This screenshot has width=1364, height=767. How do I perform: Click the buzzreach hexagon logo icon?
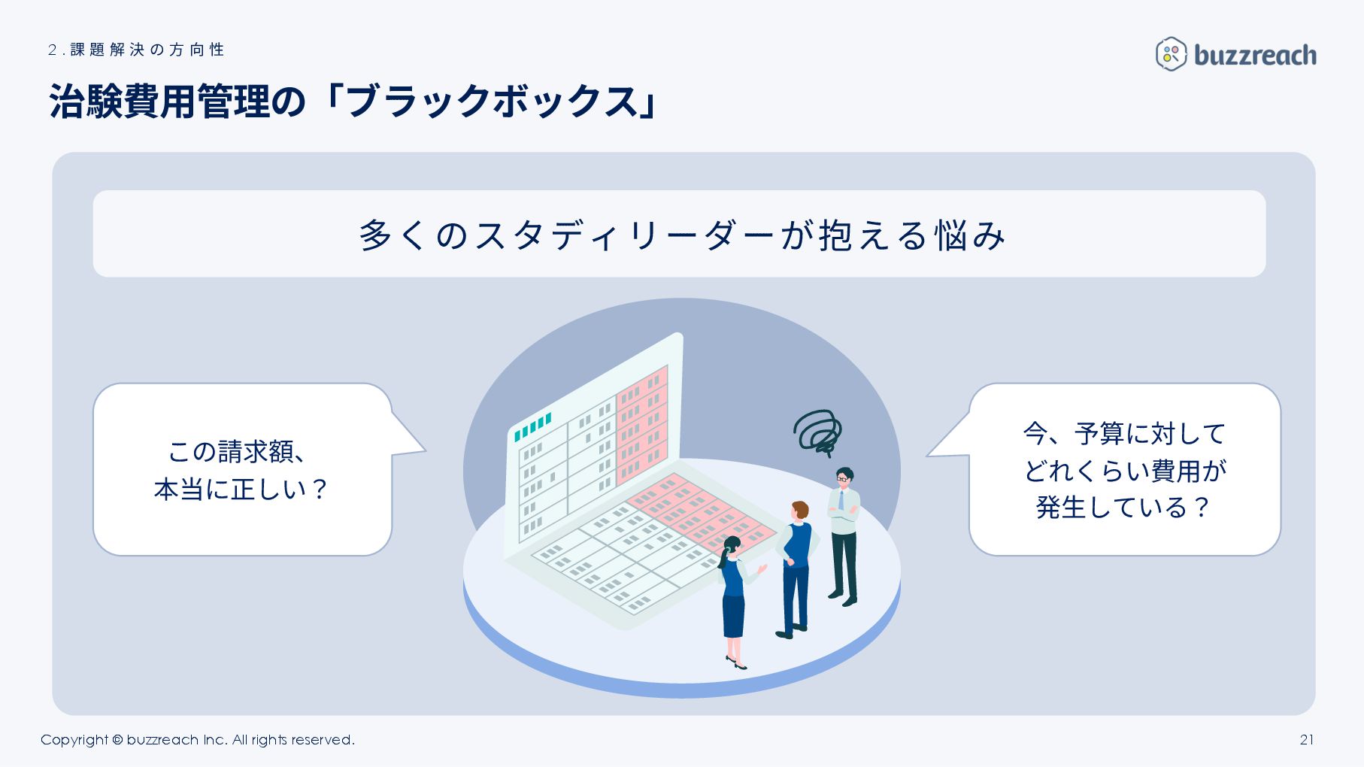[x=1171, y=54]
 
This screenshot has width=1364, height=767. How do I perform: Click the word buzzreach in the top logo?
[x=1255, y=55]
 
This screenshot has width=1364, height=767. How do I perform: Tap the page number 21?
[x=1307, y=739]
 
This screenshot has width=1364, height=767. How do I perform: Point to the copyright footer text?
[x=197, y=739]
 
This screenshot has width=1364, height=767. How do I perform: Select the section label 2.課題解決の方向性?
[x=136, y=50]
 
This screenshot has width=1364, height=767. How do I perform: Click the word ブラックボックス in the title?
[x=493, y=101]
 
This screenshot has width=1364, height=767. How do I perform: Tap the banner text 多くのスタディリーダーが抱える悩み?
[x=681, y=235]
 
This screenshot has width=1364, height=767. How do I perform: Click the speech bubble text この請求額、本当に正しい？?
[x=241, y=470]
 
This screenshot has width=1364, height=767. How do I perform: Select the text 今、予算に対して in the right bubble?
[x=1124, y=434]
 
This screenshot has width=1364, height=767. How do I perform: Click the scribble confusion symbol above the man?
[x=818, y=432]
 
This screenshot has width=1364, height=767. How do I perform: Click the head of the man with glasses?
[x=844, y=476]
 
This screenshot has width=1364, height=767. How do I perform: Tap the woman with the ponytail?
[x=732, y=594]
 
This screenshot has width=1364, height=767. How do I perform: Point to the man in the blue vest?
[x=796, y=556]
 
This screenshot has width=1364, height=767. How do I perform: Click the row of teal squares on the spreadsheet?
[x=533, y=426]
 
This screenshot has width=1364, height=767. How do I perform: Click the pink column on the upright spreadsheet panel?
[x=642, y=425]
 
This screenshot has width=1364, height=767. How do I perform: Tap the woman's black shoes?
[x=736, y=663]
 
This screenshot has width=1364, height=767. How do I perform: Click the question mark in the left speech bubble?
[x=319, y=490]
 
